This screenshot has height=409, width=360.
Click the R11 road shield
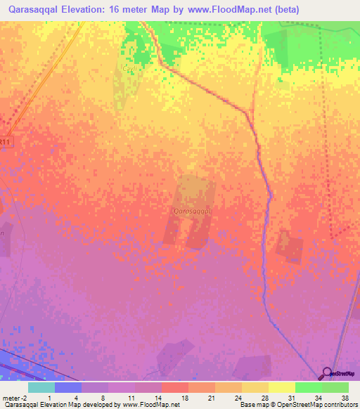[6, 141]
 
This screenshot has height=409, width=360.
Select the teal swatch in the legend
[41, 387]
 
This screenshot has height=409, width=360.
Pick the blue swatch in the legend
[68, 387]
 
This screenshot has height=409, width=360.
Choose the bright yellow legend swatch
[281, 387]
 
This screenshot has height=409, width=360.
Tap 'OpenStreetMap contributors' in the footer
[318, 405]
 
